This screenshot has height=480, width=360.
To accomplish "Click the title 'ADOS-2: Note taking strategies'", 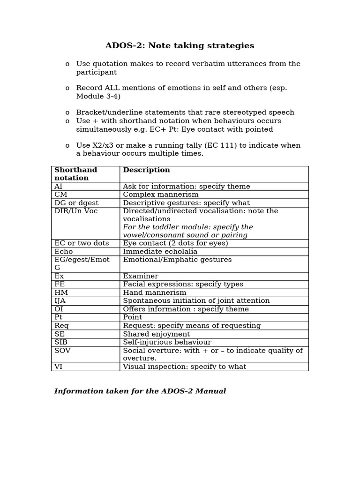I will point(180,45).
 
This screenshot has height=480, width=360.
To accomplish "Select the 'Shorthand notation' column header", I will point(75,174).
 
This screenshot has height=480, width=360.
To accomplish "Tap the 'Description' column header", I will point(146,170).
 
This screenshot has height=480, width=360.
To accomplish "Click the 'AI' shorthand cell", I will point(59,187).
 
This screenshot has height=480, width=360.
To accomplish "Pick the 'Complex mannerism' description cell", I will point(160,195).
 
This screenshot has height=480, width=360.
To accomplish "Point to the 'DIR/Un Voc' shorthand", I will point(76,211).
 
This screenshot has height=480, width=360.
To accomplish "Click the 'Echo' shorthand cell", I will point(64,252).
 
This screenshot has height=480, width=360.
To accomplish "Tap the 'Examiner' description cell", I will point(140,276).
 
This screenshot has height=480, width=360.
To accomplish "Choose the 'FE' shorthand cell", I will point(60,285).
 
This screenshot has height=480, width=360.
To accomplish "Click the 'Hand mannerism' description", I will point(154,292).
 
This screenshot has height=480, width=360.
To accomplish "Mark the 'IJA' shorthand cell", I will point(60,301).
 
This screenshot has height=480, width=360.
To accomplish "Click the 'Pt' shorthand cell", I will point(59,317).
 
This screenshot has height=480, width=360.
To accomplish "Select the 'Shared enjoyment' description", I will point(156,334).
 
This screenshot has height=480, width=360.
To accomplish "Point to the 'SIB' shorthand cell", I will point(61,342).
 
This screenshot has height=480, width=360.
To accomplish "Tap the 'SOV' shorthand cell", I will point(62,351).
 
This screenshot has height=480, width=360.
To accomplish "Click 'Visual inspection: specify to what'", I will point(184,367).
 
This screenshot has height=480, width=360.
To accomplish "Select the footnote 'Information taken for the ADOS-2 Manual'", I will point(140,391).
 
